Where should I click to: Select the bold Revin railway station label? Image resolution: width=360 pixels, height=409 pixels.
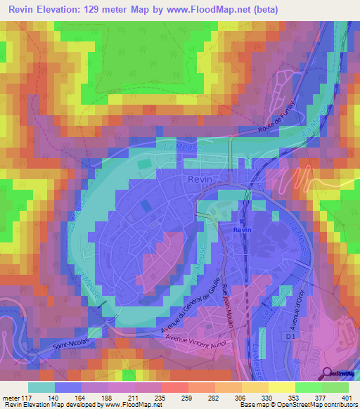[243, 230]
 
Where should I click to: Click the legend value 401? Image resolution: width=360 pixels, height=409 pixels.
[346, 397]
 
